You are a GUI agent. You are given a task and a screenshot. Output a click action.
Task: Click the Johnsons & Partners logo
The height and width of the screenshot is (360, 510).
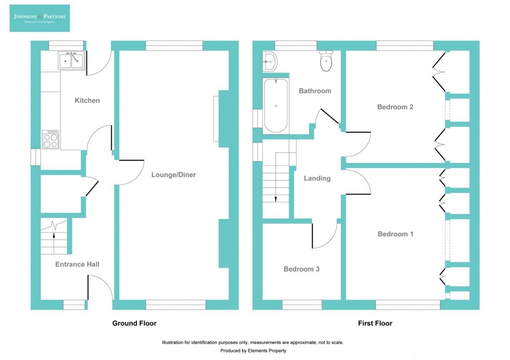tap(40, 18)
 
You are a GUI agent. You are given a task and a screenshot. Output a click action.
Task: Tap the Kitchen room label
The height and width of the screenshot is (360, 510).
tap(87, 100)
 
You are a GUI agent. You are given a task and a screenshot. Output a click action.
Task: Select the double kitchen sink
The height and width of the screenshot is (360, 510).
tap(71, 61)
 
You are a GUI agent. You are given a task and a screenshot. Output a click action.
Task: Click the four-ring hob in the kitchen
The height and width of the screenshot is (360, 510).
tap(51, 139)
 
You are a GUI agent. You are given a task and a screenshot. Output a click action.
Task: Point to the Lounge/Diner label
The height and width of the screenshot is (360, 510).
tap(173, 175)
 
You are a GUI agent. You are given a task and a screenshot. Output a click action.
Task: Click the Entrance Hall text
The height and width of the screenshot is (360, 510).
tap(77, 264)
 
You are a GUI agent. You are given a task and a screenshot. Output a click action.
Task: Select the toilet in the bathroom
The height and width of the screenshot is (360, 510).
tap(326, 61)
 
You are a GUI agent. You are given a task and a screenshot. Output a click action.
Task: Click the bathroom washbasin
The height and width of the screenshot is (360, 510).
tap(270, 61)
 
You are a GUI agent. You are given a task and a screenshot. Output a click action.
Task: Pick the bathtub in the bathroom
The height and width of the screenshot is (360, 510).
tap(275, 106)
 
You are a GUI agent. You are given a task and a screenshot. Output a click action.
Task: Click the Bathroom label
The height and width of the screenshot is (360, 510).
tap(314, 91)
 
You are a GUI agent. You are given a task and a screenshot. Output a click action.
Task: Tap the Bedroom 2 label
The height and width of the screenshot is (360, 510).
tap(395, 107)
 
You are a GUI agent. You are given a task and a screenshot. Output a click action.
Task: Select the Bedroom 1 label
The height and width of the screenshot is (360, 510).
tap(395, 234)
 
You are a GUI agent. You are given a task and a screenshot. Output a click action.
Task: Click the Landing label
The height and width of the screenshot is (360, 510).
tap(317, 178)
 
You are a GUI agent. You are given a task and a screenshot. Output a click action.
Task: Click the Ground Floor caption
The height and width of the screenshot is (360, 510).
tap(134, 323)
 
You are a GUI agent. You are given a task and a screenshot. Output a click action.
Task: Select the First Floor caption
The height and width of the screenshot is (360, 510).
tap(375, 323)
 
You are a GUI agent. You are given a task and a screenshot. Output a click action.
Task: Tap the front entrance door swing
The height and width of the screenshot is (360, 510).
tap(100, 287)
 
